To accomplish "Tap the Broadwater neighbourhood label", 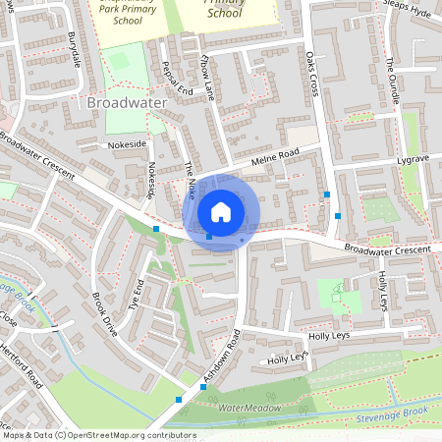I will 128,102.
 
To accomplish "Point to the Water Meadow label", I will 249,407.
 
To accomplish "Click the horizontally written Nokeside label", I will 128,143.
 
